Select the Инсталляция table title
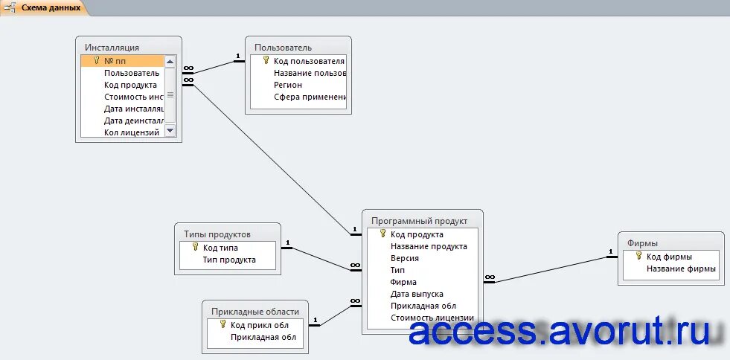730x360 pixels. tap(112, 48)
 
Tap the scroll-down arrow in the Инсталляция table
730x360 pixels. tap(170, 130)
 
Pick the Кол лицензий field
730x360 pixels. tap(132, 132)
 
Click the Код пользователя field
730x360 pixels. tap(308, 61)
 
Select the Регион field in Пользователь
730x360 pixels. tap(288, 85)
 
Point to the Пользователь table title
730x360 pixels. tap(283, 48)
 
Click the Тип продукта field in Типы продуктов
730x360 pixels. tap(229, 260)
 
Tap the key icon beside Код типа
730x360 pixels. tap(195, 247)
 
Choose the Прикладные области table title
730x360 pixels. tap(255, 312)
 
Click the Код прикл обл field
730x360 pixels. tap(258, 325)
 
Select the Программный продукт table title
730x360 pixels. tap(419, 221)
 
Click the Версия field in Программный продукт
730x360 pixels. tap(404, 258)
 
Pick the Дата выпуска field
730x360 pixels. tap(417, 294)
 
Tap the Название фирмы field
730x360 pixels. tap(681, 269)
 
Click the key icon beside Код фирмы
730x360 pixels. tap(638, 256)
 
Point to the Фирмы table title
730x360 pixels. tap(642, 243)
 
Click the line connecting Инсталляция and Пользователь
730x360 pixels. tap(214, 67)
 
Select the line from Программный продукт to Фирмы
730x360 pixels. tap(551, 270)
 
